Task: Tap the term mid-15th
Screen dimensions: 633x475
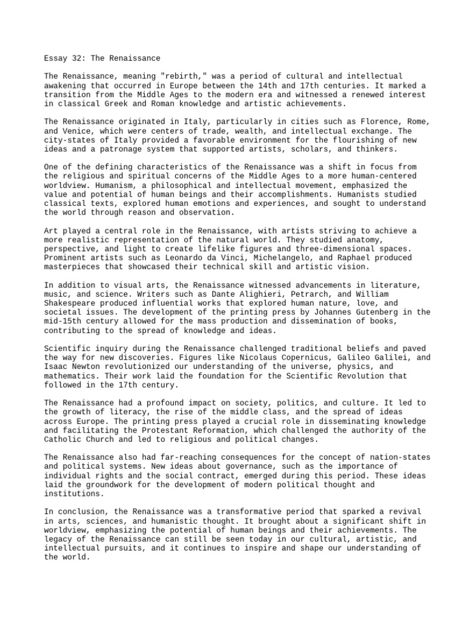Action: [64, 321]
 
